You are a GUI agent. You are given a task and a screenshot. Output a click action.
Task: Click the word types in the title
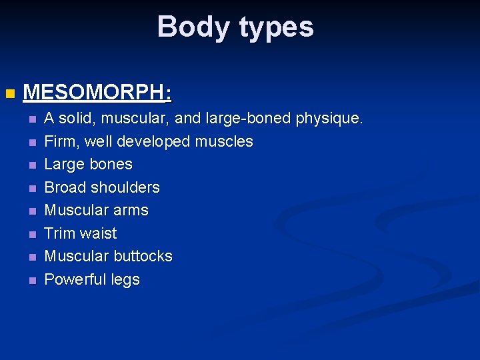[275, 28]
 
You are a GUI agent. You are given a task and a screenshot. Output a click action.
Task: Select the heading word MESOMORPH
[93, 92]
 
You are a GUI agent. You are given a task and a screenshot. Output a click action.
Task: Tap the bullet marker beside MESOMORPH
[9, 93]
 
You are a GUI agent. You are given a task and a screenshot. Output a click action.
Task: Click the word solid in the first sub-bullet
[75, 119]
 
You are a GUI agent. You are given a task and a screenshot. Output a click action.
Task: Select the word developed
[155, 141]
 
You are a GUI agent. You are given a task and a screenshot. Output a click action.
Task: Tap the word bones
[111, 164]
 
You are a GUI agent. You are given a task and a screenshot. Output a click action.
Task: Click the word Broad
[65, 187]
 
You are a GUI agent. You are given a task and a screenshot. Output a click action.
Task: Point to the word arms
[131, 210]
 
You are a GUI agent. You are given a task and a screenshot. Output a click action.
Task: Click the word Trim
[59, 233]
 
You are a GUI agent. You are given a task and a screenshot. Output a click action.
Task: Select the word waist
[99, 233]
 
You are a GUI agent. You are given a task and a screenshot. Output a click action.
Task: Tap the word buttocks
[143, 256]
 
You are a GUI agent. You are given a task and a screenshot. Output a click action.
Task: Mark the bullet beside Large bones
[31, 165]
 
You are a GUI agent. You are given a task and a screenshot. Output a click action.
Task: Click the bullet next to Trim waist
[31, 234]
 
